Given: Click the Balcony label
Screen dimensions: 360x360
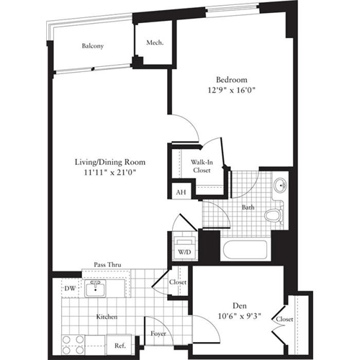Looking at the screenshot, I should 92,46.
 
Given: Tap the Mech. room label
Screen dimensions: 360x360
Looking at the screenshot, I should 154,43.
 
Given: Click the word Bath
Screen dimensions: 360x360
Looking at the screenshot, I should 248,207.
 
